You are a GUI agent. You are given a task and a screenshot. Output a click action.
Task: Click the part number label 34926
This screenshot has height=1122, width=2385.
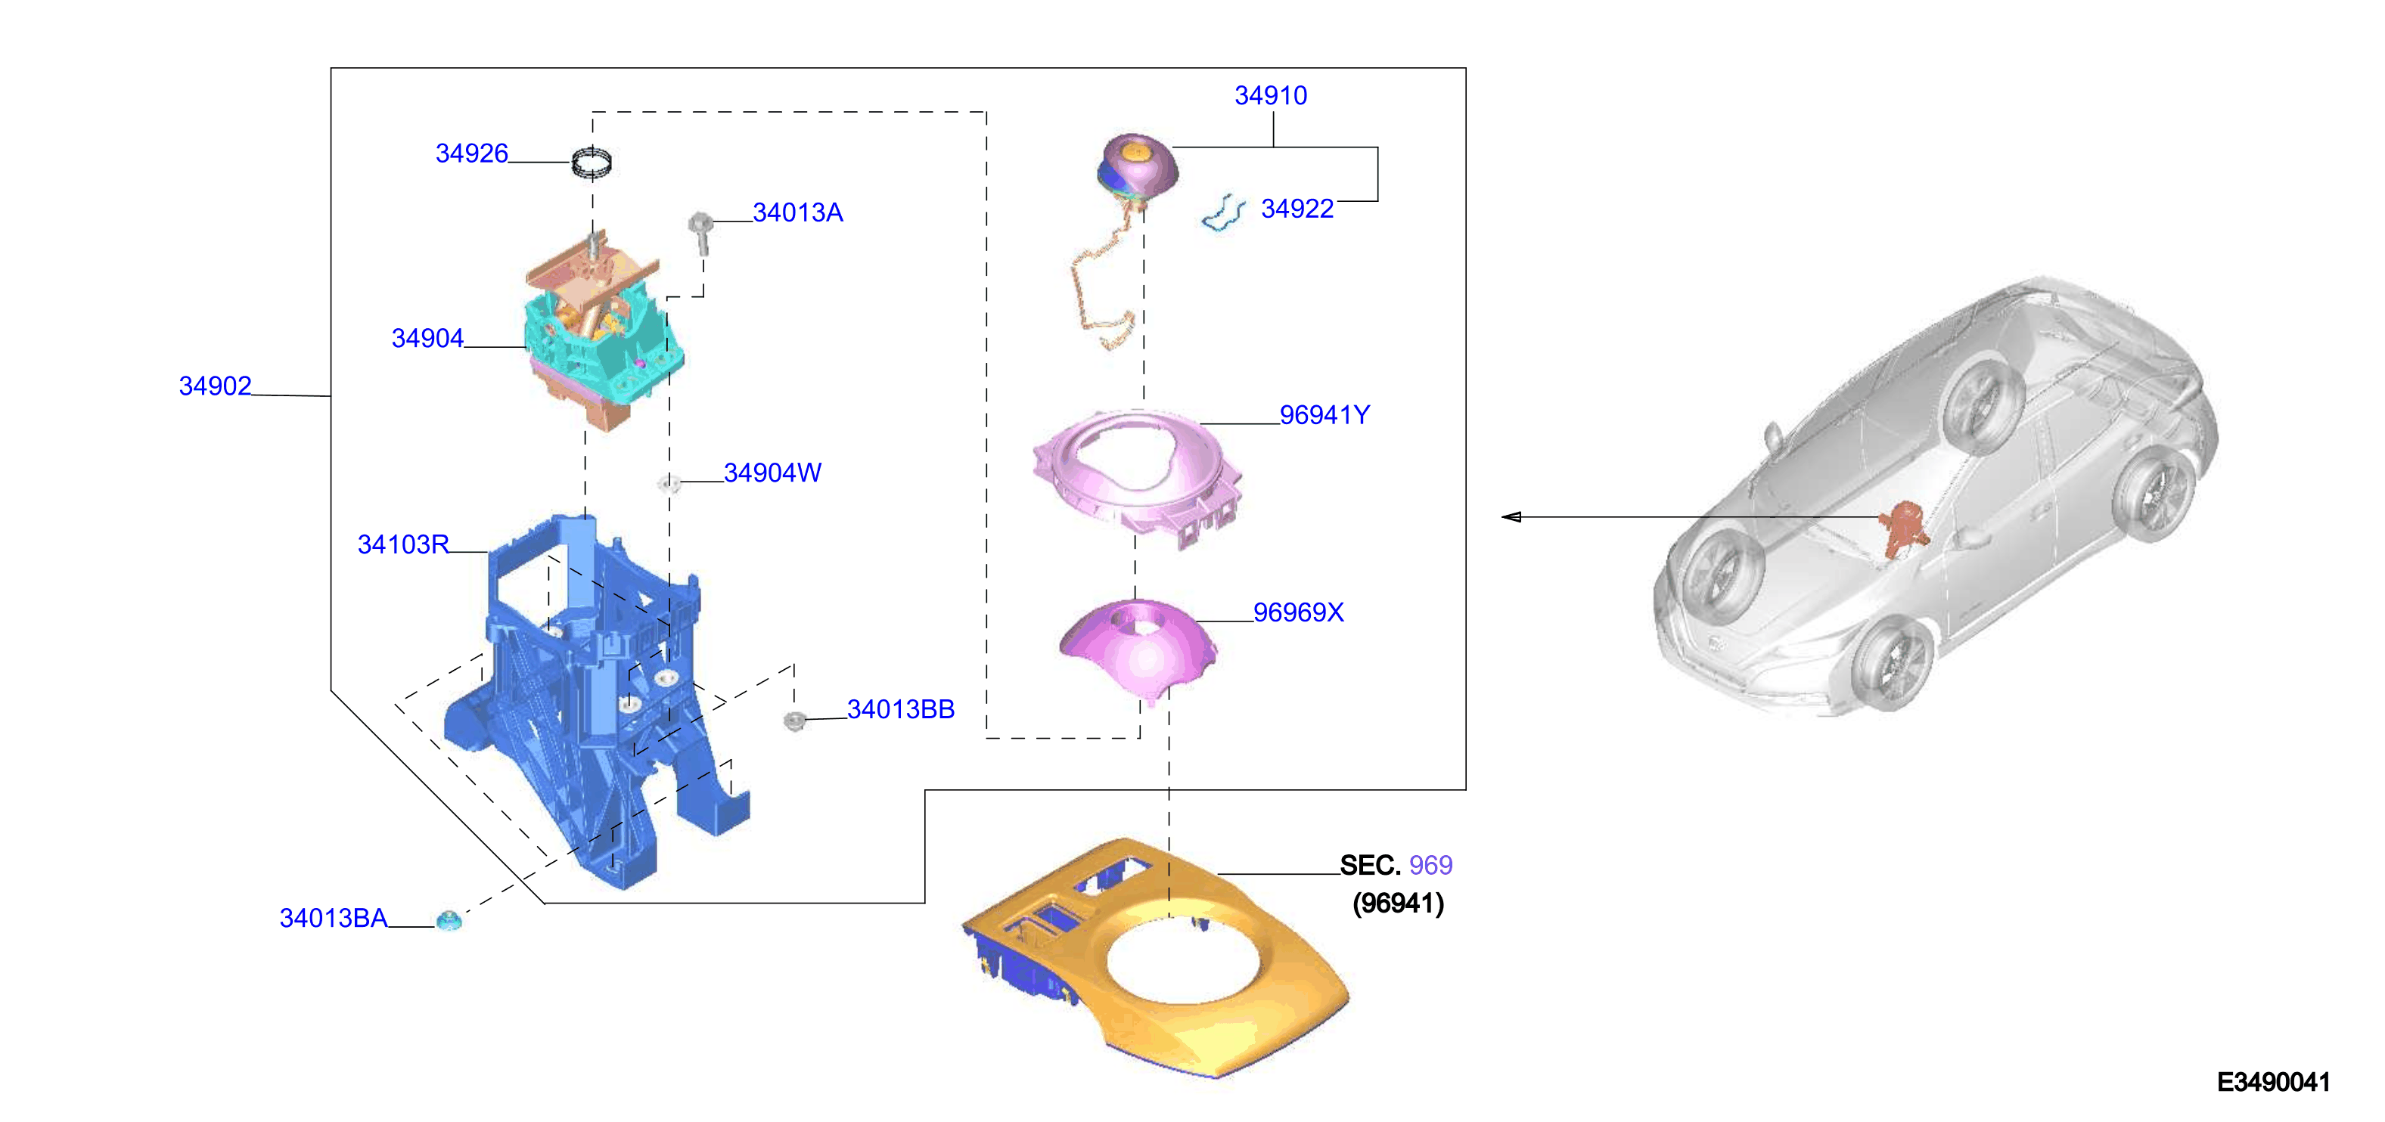coord(471,153)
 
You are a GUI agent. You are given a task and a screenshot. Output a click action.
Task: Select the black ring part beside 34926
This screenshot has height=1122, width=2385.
coord(592,163)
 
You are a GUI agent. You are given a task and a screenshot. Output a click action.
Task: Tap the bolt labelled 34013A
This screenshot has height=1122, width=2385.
coord(701,231)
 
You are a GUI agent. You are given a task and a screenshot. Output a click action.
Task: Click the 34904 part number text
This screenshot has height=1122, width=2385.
coord(427,339)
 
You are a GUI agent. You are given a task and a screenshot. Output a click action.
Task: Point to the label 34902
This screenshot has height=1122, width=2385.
coord(215,386)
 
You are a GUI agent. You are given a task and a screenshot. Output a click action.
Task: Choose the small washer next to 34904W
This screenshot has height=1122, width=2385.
coord(669,483)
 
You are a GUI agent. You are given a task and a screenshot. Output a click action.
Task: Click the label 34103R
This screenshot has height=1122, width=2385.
coord(402,544)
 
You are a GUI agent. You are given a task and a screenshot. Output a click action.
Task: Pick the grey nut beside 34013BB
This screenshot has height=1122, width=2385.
coord(794,721)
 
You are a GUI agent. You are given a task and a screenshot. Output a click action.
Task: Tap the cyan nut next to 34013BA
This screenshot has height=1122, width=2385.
coord(449,920)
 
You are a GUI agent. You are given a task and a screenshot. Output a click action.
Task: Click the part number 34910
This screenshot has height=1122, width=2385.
coord(1270,95)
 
